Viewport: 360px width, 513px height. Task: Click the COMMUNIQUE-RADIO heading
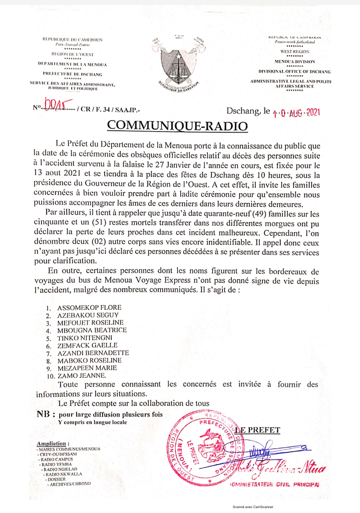click(x=178, y=125)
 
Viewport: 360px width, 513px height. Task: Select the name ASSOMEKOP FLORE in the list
click(x=89, y=307)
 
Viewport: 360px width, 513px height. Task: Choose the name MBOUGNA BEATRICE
click(x=92, y=330)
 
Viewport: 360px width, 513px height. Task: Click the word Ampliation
click(x=53, y=443)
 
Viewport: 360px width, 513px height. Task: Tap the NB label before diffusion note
click(x=46, y=414)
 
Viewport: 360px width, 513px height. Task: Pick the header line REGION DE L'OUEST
click(x=73, y=53)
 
